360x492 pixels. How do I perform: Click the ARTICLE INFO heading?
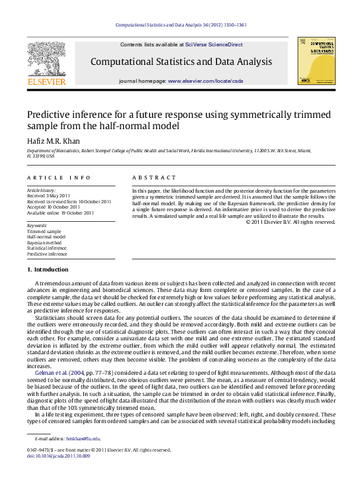tap(59, 177)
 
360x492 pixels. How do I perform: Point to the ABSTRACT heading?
tap(154, 177)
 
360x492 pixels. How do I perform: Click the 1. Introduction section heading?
tap(47, 270)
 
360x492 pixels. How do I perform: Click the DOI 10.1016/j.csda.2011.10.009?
tap(60, 456)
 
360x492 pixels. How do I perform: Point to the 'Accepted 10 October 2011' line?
tap(54, 206)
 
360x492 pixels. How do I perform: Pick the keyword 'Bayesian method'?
tap(46, 242)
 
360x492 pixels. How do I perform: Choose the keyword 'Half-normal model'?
tap(46, 236)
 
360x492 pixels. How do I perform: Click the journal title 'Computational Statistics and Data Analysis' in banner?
tap(181, 62)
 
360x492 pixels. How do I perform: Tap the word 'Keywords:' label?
tap(37, 225)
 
